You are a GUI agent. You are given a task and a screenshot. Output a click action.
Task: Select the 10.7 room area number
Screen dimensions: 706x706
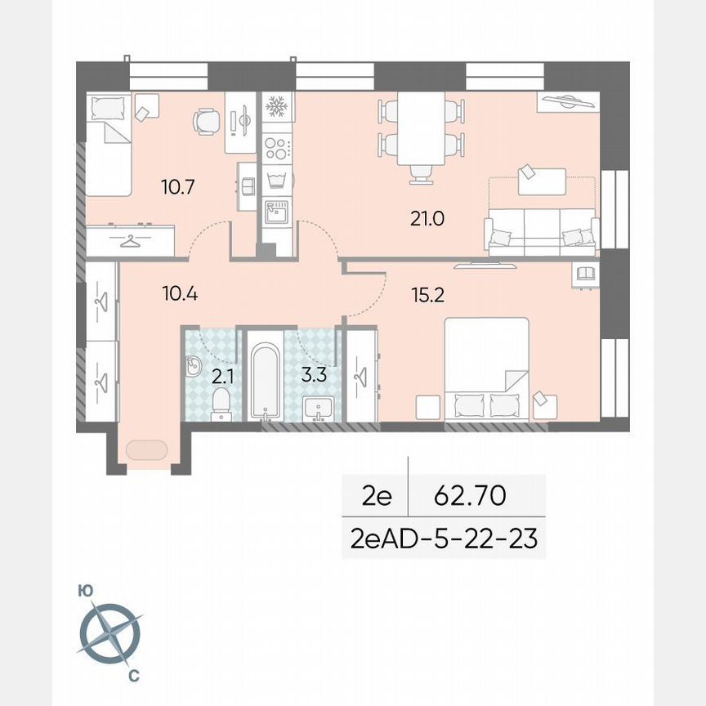click(x=177, y=187)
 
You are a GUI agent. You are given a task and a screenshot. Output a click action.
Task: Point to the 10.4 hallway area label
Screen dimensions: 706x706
click(x=179, y=292)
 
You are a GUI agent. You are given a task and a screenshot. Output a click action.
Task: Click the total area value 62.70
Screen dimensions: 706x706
click(x=470, y=495)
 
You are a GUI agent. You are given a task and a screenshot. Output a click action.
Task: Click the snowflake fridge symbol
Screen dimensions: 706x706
click(x=277, y=107)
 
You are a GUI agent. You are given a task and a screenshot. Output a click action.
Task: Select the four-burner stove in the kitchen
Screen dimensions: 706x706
click(x=277, y=149)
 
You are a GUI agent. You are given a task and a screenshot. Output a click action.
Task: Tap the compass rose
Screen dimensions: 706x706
click(x=109, y=634)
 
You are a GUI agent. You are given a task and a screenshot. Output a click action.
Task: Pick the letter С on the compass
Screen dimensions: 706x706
click(x=134, y=677)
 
